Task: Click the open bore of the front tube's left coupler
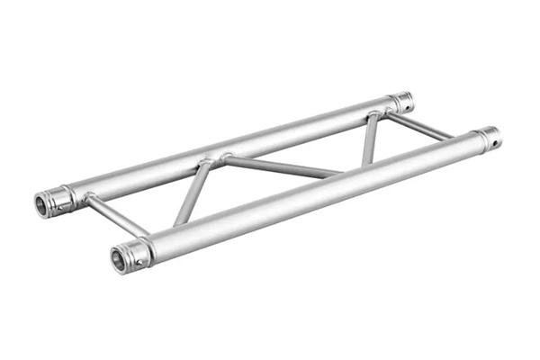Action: click(x=119, y=258)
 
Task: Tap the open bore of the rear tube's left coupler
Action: click(x=42, y=204)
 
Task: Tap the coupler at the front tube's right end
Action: click(x=489, y=138)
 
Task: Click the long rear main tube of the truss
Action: click(x=234, y=147)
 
